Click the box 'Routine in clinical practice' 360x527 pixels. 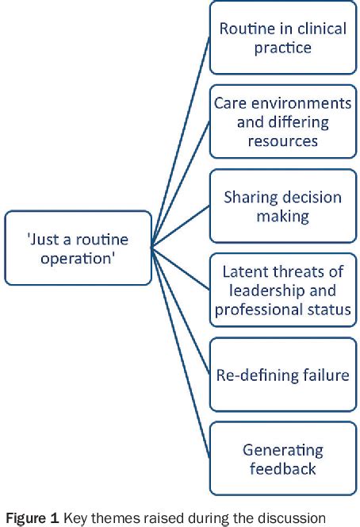[x=282, y=38]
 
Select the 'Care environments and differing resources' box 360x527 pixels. [x=282, y=122]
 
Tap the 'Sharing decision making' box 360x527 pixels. [x=282, y=206]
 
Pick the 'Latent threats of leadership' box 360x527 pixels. [x=282, y=290]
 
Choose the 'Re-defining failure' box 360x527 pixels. [x=282, y=374]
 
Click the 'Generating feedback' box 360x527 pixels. [x=282, y=458]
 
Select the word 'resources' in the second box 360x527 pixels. [x=282, y=140]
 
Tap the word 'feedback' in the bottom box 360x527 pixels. [x=282, y=468]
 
